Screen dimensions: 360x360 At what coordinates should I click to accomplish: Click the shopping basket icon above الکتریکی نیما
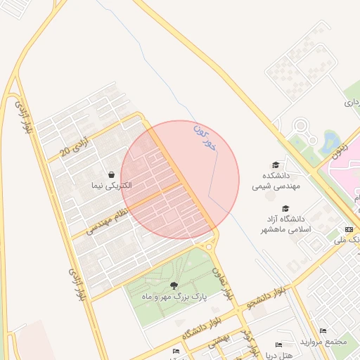[x=111, y=174]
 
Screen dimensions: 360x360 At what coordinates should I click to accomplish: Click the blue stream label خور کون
[x=205, y=138]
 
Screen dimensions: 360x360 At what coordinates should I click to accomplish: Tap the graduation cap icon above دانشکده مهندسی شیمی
[x=276, y=165]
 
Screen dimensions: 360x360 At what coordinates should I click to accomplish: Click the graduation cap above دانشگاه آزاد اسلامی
[x=285, y=208]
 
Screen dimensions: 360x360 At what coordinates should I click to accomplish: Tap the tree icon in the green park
[x=174, y=285]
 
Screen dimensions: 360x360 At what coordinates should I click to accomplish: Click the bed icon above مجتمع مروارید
[x=323, y=330]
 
